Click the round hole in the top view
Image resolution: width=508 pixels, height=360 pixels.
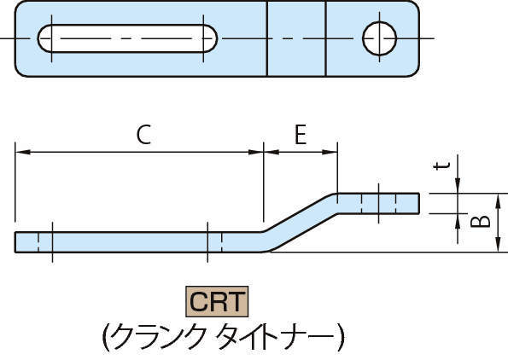(x=380, y=38)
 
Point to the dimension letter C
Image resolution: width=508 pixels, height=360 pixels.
(x=144, y=135)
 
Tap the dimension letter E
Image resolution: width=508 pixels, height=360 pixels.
(x=300, y=135)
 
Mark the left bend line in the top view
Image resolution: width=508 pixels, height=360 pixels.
(x=267, y=38)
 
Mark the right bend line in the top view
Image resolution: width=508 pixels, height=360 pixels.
(x=324, y=38)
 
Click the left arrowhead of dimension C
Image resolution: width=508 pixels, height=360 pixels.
(x=21, y=153)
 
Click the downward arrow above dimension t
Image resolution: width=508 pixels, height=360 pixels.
(x=458, y=187)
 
